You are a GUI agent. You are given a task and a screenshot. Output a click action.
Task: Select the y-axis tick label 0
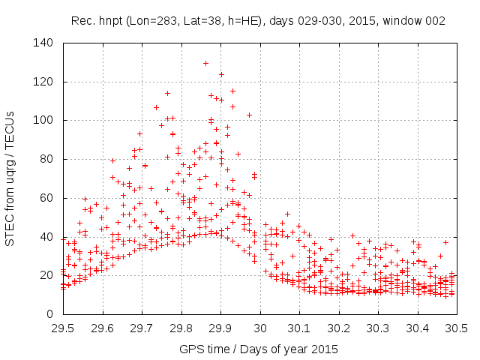[x=52, y=314]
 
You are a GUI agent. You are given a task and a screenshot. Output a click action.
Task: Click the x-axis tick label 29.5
[x=63, y=328]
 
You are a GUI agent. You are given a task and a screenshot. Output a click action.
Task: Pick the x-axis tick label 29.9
[x=220, y=328]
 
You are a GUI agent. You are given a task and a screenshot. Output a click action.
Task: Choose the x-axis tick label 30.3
[x=378, y=328]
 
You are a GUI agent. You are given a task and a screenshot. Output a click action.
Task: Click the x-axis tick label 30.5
[x=457, y=328]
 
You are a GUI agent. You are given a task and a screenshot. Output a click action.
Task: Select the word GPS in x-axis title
[x=191, y=349]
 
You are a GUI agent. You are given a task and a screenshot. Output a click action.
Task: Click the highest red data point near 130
[x=205, y=63]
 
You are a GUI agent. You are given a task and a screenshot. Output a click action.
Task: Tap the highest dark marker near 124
[x=221, y=74]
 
